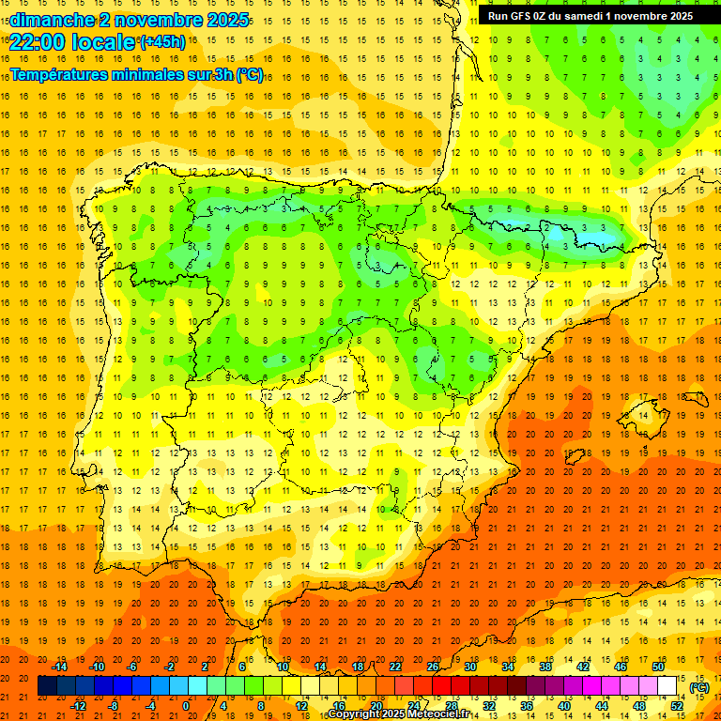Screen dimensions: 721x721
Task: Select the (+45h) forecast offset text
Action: click(161, 41)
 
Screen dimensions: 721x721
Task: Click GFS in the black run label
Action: click(523, 16)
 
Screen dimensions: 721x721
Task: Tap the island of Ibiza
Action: click(572, 457)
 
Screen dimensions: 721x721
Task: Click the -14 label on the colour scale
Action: click(61, 667)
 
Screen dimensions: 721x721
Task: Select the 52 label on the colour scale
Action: click(676, 706)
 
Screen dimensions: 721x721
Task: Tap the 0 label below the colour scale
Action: click(185, 706)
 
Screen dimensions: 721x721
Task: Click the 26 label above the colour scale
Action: click(433, 667)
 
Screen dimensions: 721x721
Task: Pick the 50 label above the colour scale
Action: click(657, 667)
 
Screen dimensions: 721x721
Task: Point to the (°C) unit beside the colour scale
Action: click(698, 687)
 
